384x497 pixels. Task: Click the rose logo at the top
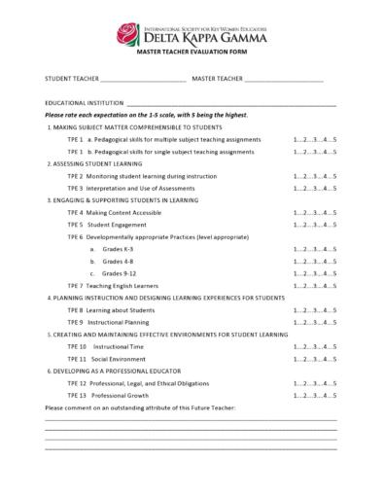[128, 36]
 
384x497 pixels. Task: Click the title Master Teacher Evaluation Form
[192, 60]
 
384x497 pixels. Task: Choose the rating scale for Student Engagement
[315, 224]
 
